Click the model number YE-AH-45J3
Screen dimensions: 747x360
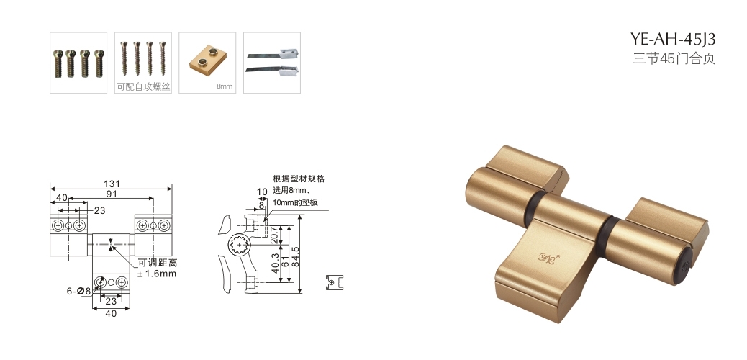[x=673, y=38]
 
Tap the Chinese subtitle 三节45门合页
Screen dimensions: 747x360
[x=674, y=58]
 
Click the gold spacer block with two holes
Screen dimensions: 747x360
[x=208, y=60]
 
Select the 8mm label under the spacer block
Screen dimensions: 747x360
[x=225, y=86]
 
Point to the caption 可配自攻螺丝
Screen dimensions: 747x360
[x=143, y=87]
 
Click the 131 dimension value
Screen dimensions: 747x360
[x=112, y=184]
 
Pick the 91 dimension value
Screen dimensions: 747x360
[x=112, y=194]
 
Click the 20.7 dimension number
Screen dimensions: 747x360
[x=274, y=235]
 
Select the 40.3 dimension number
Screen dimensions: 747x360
[x=274, y=264]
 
